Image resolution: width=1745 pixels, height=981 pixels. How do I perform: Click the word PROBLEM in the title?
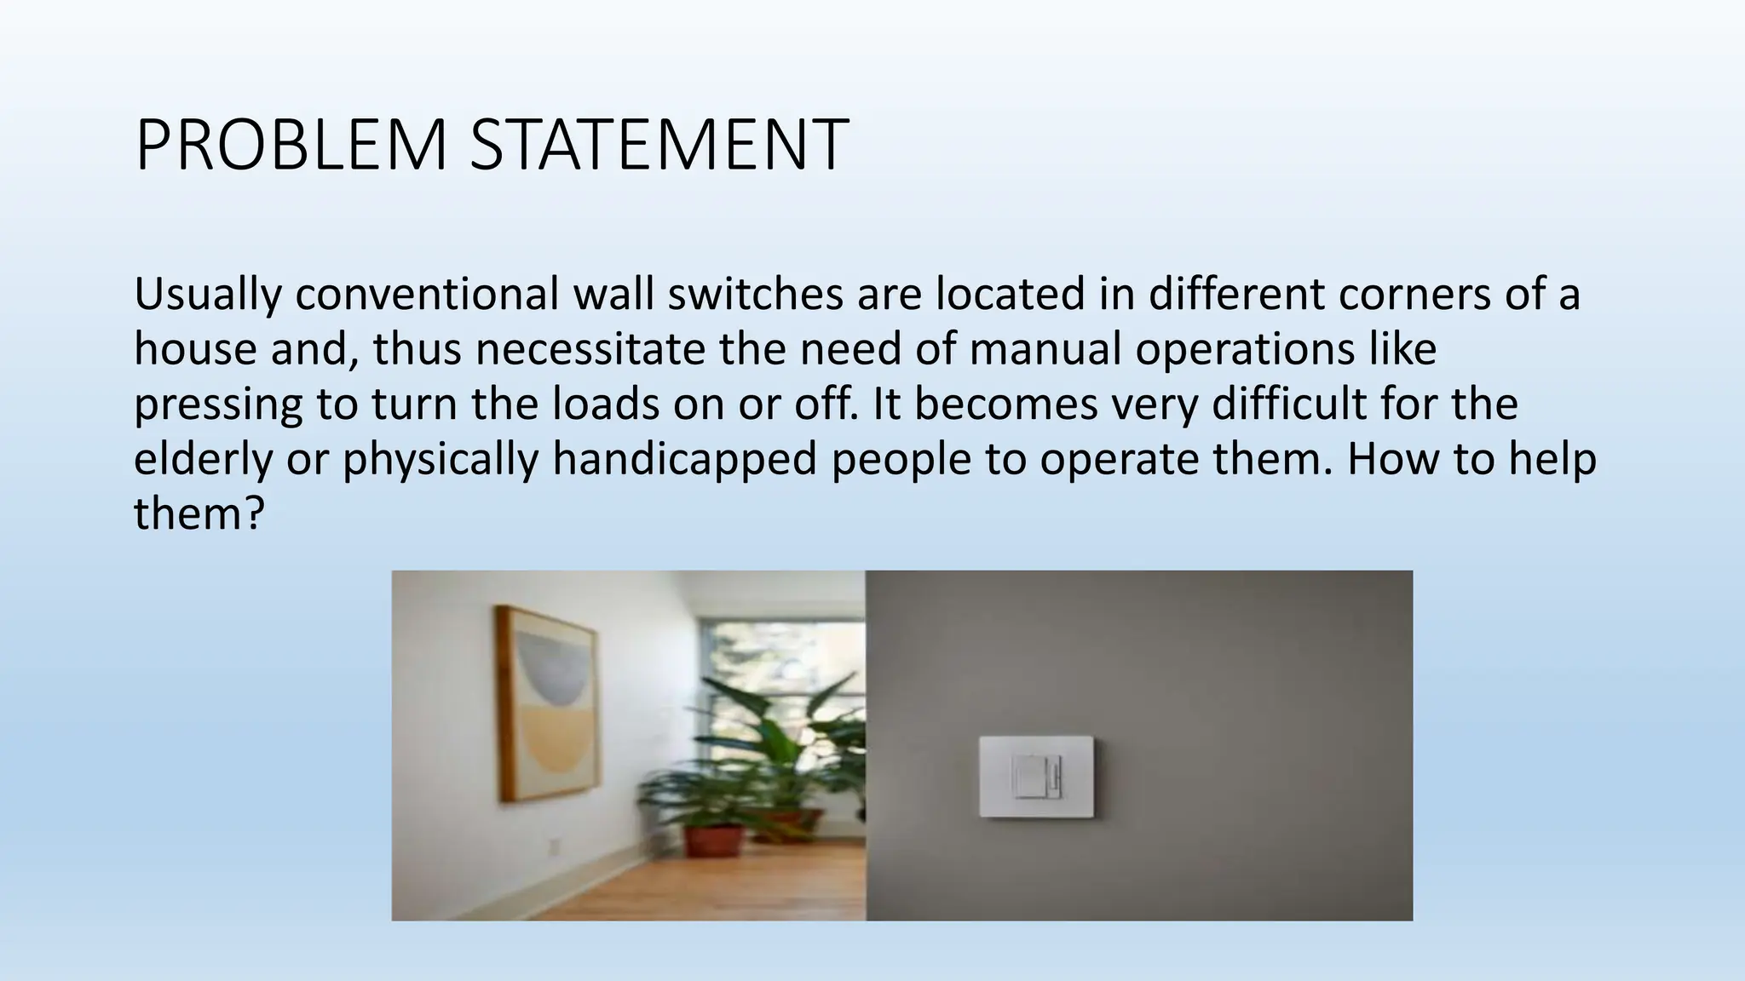tap(291, 146)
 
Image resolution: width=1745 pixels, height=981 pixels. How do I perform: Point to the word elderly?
tap(203, 460)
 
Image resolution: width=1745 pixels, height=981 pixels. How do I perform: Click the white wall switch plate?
tap(1036, 776)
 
